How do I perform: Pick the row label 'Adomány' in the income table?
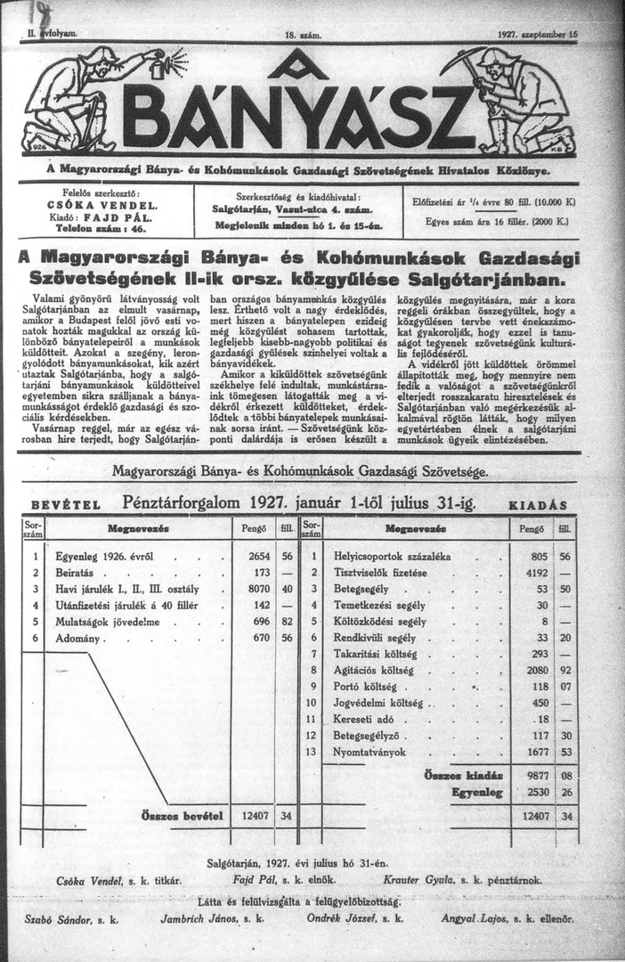pos(80,638)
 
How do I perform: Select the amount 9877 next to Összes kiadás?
pos(530,776)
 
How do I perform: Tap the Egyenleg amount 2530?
pos(530,791)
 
